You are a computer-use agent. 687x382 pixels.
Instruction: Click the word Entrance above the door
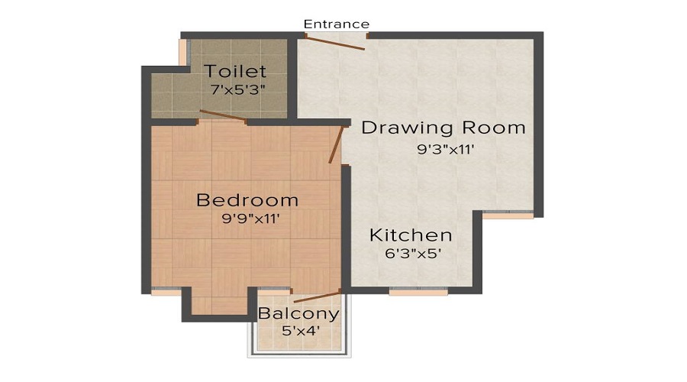click(337, 24)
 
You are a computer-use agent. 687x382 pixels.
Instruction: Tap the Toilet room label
click(235, 72)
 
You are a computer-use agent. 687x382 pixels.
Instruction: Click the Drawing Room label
click(443, 128)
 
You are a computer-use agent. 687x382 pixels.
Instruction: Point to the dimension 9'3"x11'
click(447, 150)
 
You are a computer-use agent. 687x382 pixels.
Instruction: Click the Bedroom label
click(247, 200)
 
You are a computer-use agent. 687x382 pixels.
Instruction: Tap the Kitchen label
click(411, 235)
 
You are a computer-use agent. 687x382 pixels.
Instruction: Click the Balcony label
click(298, 314)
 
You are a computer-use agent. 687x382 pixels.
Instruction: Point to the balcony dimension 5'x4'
click(299, 331)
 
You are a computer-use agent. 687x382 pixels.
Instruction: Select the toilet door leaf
click(222, 116)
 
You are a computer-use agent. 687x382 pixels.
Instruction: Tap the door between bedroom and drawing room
click(336, 145)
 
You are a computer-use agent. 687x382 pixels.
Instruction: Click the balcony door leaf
click(316, 296)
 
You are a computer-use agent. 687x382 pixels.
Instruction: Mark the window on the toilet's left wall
click(182, 51)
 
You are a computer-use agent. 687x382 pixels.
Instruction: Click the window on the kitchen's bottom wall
click(408, 291)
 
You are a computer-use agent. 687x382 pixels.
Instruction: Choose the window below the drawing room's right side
click(508, 215)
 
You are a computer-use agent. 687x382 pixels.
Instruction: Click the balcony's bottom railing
click(299, 354)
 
